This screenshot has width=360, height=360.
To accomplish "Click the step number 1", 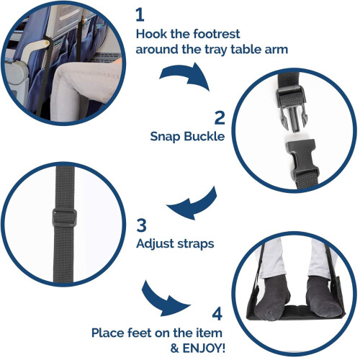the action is [140, 15].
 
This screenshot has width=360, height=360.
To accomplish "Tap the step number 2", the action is [220, 117].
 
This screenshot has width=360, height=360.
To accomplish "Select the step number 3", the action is [141, 225].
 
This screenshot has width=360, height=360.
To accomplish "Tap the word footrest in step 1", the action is [217, 34].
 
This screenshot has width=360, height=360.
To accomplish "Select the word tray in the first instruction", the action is [215, 50].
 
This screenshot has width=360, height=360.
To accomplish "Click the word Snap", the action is [165, 137].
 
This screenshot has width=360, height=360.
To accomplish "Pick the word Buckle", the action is [204, 136].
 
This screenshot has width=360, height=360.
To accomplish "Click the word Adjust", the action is [155, 244].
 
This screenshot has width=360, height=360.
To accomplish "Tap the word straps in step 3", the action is [195, 244].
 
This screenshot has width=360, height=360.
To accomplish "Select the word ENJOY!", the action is [204, 348].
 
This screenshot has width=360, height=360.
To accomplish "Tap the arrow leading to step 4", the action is [163, 301].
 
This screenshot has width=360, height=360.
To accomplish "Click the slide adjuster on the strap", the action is [64, 218].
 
